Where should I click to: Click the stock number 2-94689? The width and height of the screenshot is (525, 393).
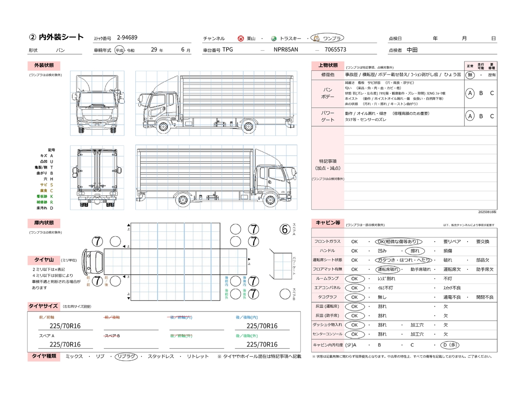(127, 38)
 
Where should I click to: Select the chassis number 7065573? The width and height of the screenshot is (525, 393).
(335, 50)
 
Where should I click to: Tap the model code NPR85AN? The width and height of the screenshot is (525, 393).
(286, 50)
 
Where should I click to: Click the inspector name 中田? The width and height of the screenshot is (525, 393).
(412, 50)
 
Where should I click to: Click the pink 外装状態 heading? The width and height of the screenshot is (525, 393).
(44, 65)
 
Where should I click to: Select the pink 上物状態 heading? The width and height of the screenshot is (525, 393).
(328, 65)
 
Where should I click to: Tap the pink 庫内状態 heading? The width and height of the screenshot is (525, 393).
(44, 223)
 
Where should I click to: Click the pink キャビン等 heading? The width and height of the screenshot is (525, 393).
(328, 223)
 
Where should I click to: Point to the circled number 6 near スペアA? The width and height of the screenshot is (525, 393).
(285, 229)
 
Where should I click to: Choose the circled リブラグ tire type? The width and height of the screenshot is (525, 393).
(126, 357)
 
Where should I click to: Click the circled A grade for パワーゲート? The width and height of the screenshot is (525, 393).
(470, 116)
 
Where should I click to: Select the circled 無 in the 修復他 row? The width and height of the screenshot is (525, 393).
(470, 75)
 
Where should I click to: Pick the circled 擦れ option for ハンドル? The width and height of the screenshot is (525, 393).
(415, 251)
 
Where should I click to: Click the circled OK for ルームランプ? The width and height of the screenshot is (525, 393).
(354, 279)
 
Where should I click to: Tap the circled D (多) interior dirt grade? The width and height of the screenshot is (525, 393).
(450, 345)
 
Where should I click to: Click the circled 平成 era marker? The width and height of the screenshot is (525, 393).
(119, 50)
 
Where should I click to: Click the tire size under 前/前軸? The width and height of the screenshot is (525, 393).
(65, 326)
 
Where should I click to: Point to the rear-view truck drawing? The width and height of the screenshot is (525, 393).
(97, 178)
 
